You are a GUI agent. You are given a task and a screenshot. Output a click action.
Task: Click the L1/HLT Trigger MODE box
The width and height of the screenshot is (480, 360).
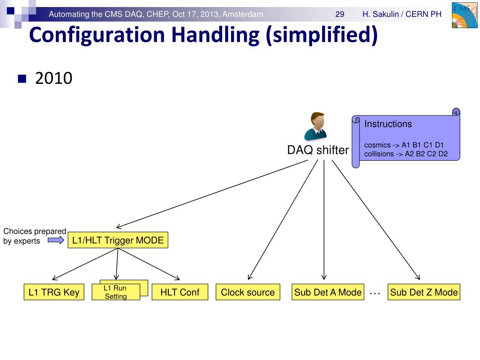[118, 240]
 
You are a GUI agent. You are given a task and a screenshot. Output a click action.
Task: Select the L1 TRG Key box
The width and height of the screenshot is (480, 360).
[54, 292]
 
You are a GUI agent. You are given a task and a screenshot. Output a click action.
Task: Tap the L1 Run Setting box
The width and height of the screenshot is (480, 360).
[115, 292]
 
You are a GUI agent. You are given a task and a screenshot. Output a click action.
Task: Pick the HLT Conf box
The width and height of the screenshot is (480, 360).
[180, 292]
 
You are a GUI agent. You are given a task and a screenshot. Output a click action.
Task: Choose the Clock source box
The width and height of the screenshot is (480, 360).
[247, 292]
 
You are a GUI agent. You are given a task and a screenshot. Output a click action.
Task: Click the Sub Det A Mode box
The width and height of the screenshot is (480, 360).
[328, 292]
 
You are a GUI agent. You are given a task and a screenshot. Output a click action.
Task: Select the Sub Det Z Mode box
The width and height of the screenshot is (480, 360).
[424, 292]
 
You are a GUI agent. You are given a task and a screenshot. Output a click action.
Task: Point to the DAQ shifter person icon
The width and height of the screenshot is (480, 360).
[315, 127]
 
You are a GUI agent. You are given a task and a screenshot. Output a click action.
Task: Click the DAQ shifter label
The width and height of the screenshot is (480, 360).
[318, 150]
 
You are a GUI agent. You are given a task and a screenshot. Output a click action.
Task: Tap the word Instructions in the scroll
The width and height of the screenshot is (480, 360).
[388, 124]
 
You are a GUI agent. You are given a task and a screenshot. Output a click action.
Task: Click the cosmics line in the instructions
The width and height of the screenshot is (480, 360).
[404, 145]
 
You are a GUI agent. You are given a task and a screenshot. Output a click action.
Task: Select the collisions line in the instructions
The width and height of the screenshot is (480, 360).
[406, 153]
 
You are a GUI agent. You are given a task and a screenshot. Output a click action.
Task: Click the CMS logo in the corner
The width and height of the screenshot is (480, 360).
[463, 16]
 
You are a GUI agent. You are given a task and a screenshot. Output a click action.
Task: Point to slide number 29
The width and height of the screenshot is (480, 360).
[340, 14]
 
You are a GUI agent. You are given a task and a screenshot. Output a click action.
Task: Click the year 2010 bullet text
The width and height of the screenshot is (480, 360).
[53, 78]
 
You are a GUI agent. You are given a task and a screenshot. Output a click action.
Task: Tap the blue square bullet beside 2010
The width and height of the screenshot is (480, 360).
[22, 78]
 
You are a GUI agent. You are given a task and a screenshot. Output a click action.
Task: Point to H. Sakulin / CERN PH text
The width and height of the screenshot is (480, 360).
[402, 14]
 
